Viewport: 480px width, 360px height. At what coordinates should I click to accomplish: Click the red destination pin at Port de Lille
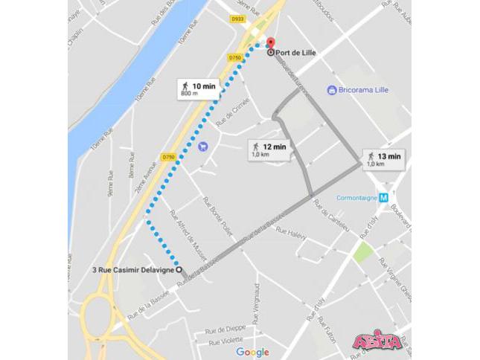[271, 43]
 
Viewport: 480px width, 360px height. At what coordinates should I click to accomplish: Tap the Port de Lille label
[298, 54]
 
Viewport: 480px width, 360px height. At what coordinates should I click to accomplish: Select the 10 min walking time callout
[198, 89]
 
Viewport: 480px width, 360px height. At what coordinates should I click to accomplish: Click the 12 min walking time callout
[269, 150]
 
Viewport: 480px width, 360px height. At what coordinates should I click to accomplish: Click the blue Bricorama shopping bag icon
[332, 90]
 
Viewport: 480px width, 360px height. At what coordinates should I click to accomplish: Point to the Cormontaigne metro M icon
[383, 198]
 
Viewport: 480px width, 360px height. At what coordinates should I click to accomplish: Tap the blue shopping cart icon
[203, 146]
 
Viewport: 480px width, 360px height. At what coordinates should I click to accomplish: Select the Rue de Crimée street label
[228, 113]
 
